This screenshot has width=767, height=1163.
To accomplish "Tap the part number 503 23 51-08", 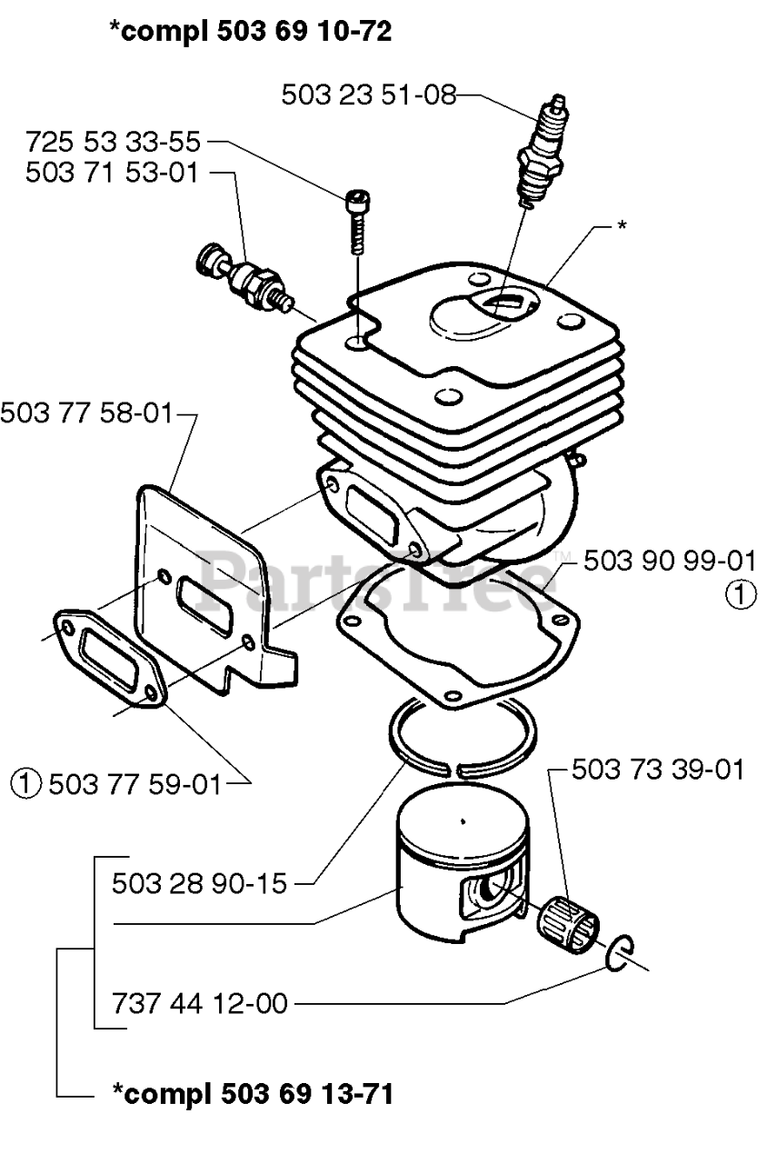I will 368,94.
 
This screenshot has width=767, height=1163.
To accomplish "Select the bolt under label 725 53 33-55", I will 356,219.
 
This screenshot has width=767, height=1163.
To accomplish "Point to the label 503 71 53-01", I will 112,173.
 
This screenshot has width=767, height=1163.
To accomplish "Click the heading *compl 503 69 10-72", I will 250,33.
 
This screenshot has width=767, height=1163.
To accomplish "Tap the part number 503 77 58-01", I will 85,413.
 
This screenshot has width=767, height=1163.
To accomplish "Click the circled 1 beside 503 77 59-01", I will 28,781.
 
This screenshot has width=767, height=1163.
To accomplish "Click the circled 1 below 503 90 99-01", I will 741,595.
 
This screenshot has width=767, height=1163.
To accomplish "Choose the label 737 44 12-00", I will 200,1004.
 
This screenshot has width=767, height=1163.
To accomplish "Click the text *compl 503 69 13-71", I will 252,1094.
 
